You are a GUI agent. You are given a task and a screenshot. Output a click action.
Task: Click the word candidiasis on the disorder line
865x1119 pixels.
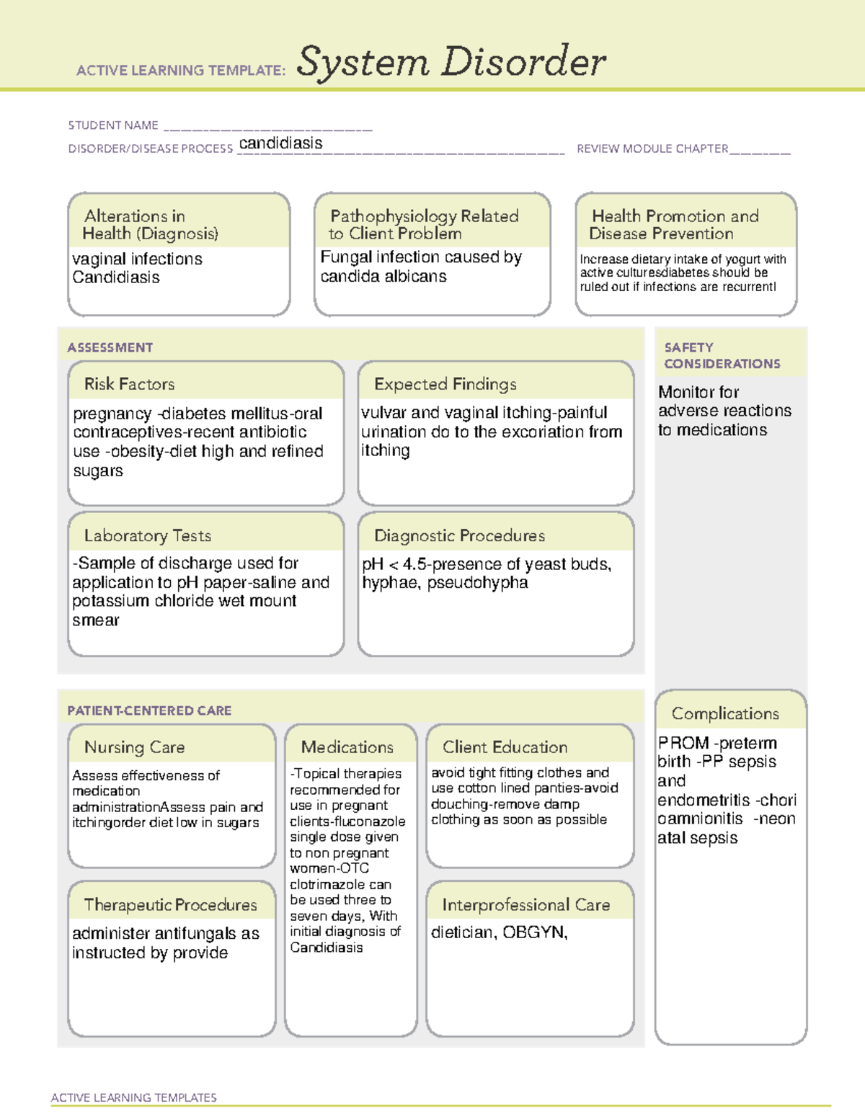tap(280, 143)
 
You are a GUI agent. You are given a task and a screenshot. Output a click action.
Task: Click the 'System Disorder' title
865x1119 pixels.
tap(451, 62)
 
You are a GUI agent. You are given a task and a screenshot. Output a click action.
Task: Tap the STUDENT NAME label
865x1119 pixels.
tap(113, 125)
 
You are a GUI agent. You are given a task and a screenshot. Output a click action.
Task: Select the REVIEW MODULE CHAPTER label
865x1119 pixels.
tap(652, 148)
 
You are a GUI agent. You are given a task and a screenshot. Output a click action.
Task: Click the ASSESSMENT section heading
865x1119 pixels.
tap(110, 347)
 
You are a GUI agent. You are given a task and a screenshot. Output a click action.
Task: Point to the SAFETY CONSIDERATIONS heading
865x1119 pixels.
tap(722, 355)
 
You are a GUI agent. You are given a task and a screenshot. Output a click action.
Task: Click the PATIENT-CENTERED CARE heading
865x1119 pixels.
tap(149, 710)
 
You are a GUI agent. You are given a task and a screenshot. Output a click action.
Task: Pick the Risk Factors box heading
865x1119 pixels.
tap(130, 384)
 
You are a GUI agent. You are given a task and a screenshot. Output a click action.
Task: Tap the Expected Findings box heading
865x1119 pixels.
tap(445, 384)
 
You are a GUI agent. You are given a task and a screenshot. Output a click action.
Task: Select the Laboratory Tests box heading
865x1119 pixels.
tap(148, 535)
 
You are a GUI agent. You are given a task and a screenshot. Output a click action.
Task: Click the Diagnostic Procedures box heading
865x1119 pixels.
tap(459, 535)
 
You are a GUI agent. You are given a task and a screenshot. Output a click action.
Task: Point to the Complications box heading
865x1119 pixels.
tap(725, 713)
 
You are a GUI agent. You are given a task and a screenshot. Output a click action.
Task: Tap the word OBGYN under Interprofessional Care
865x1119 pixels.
tap(533, 932)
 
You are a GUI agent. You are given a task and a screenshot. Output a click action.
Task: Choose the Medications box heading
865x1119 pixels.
tap(347, 747)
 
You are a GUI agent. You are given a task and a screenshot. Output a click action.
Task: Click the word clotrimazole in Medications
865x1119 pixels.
tap(329, 884)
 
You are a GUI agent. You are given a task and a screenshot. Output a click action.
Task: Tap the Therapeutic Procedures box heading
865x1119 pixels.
tap(170, 904)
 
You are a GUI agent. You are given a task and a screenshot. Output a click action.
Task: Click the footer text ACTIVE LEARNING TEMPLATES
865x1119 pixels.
tap(134, 1097)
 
